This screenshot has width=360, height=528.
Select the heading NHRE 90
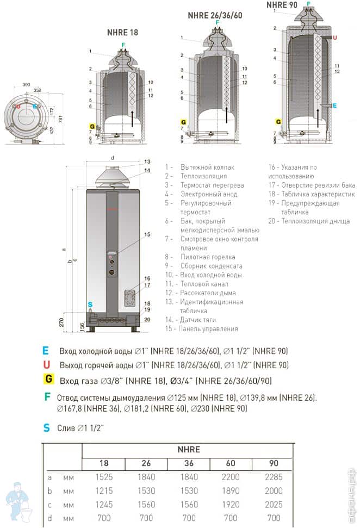[282, 5]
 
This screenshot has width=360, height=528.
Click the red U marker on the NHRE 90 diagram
[334, 38]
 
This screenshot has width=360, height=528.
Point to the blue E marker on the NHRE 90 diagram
[334, 105]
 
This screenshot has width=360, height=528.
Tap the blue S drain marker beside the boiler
[90, 305]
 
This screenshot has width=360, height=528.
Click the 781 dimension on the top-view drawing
[61, 119]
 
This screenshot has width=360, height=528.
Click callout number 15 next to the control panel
[147, 234]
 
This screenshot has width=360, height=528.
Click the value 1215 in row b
[103, 490]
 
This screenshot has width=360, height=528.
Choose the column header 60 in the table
[231, 463]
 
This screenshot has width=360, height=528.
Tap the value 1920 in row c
[231, 504]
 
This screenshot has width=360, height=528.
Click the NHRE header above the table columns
[189, 449]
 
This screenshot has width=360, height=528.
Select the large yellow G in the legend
[49, 378]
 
